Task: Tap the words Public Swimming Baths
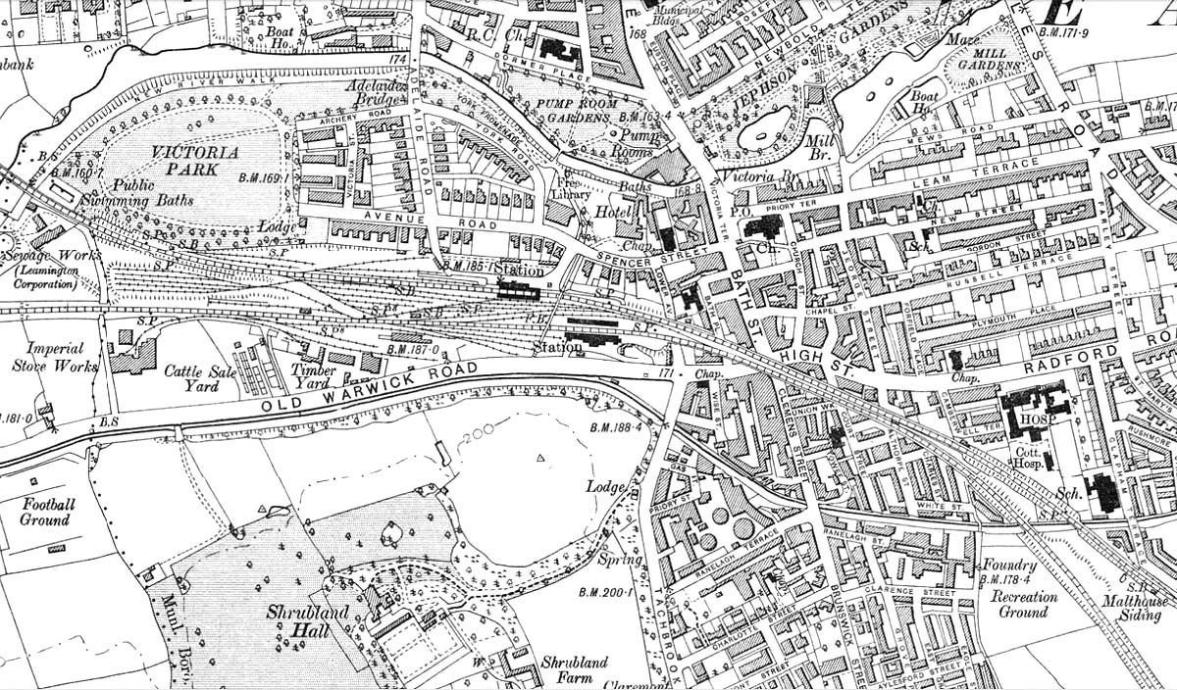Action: point(151,192)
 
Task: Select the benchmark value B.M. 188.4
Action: point(617,428)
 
